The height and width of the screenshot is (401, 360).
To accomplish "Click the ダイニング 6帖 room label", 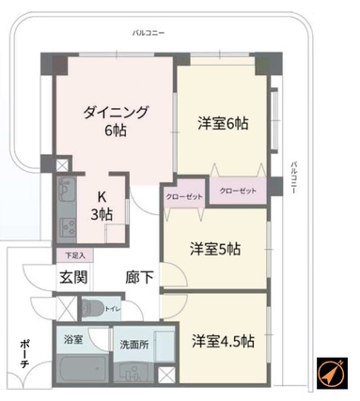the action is [x=116, y=121].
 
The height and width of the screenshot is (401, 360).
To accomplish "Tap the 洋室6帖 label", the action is [x=223, y=123].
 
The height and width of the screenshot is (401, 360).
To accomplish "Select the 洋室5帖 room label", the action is [x=215, y=249].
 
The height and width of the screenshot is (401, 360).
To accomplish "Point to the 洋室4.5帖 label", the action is [x=223, y=341].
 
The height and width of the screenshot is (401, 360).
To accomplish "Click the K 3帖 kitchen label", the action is [x=102, y=207].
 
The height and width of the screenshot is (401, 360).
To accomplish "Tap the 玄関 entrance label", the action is [x=73, y=277].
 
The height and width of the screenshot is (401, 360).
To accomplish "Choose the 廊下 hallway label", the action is [x=139, y=277].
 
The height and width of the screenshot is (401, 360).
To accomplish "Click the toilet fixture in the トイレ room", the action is [x=92, y=308].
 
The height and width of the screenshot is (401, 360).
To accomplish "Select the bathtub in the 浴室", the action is [x=83, y=369].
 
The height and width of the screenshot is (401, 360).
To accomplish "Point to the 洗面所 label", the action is [x=134, y=345].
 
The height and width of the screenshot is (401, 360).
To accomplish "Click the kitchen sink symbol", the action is [x=66, y=190].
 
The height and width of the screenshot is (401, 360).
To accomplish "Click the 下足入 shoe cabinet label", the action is [x=75, y=255].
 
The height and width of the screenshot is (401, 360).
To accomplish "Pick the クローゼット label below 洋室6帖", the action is [x=238, y=191].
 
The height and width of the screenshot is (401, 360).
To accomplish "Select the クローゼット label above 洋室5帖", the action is [x=184, y=197].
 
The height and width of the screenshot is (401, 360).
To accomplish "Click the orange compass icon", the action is [x=332, y=373].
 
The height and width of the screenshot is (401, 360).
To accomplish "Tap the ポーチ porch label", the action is [x=24, y=354].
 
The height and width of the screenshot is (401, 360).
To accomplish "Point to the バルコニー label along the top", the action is [x=148, y=33].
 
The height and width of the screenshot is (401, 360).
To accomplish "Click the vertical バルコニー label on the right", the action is [x=293, y=177].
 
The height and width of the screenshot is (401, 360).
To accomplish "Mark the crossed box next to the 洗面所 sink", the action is [x=166, y=374].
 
